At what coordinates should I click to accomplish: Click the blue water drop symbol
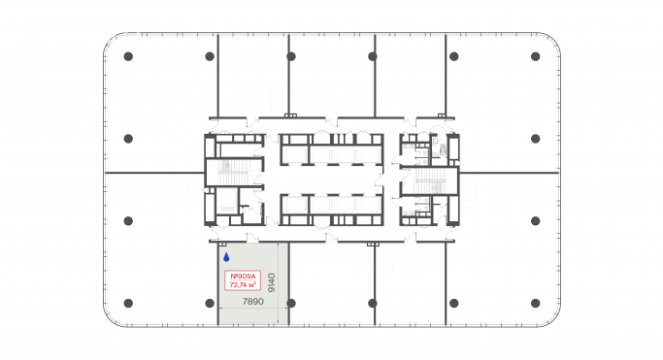click(x=226, y=258)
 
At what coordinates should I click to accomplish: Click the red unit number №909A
click(x=242, y=277)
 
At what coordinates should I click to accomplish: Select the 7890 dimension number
click(x=252, y=302)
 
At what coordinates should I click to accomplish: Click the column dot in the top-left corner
click(x=128, y=56)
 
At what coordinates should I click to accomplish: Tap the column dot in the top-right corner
click(x=535, y=56)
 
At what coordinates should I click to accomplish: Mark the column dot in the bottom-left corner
click(x=128, y=304)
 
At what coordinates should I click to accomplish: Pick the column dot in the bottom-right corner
click(x=535, y=304)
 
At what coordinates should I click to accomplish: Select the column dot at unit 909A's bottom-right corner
click(x=289, y=304)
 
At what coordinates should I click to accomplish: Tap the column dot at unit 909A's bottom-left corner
click(x=210, y=304)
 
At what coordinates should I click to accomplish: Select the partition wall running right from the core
click(x=510, y=173)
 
